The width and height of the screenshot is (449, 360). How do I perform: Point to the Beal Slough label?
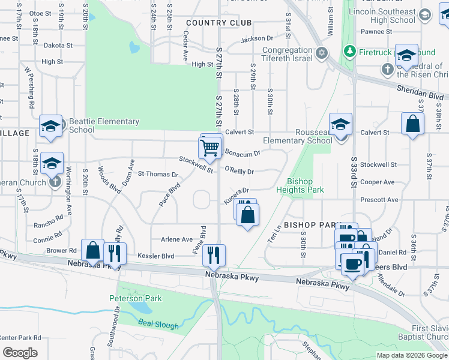[159, 325]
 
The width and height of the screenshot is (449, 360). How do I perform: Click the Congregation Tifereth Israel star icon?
[322, 53]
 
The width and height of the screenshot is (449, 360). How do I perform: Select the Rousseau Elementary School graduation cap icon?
[340, 124]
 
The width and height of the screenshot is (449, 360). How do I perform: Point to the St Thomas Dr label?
[158, 175]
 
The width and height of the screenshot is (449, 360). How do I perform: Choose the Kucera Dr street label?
[236, 195]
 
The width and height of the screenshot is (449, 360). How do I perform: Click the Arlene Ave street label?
[176, 239]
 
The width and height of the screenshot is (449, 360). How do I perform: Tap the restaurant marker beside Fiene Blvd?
[214, 255]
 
